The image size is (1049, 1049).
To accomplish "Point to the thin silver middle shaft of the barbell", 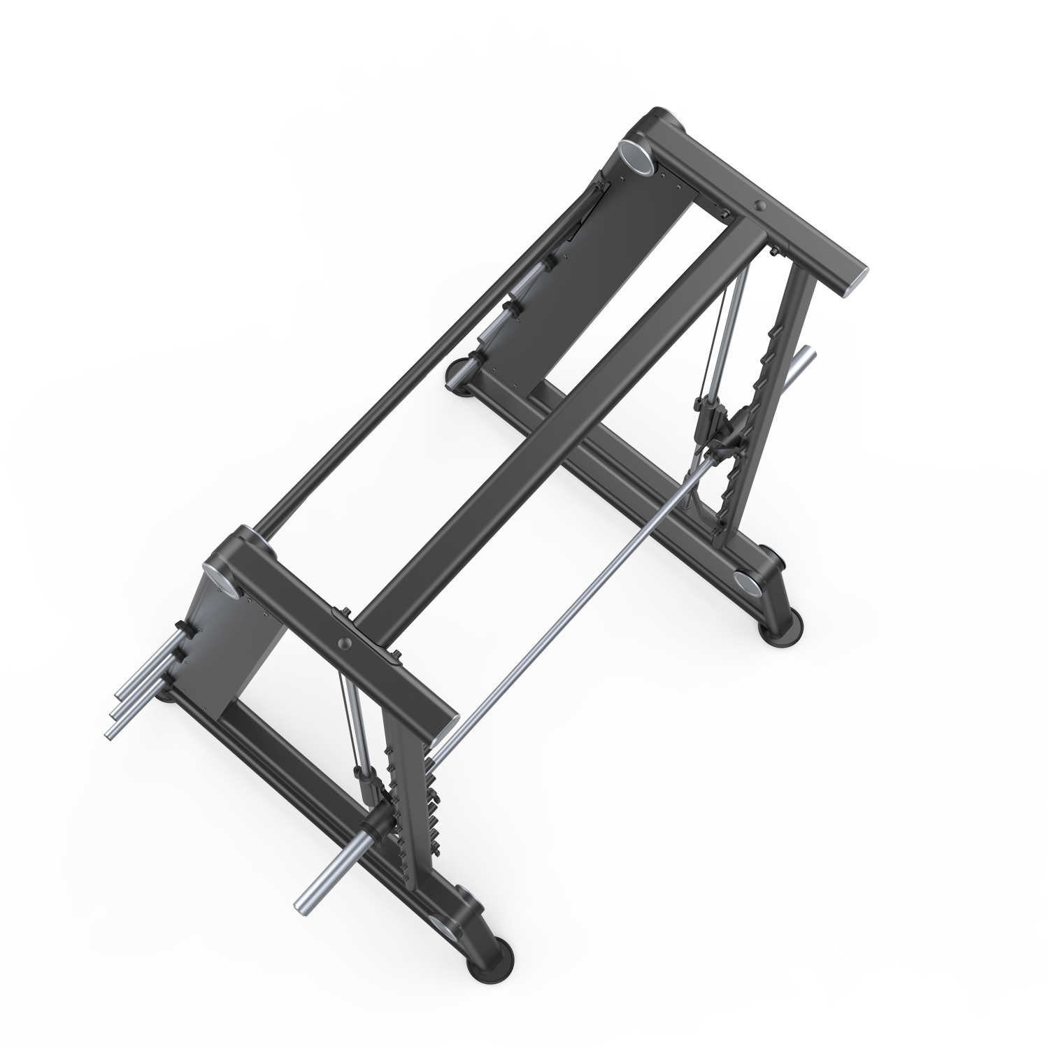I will (573, 601).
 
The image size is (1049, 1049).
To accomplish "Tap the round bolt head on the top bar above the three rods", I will (343, 643).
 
